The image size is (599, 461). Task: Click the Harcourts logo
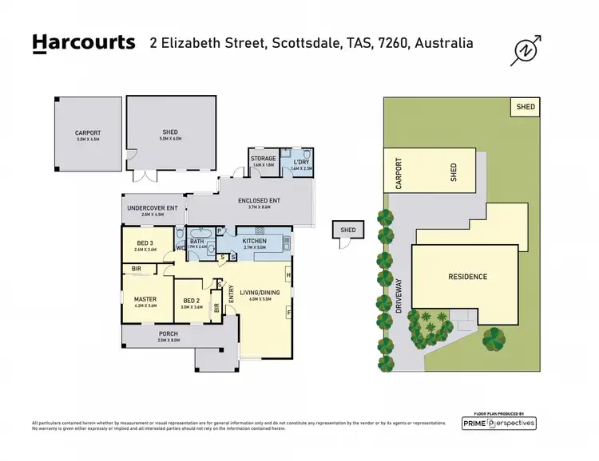(x=83, y=43)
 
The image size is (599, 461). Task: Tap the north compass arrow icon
(x=526, y=50)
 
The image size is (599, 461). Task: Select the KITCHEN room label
(x=254, y=241)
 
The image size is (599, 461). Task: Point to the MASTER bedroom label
(x=145, y=300)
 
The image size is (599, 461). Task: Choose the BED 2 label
(x=192, y=300)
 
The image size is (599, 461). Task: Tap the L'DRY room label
(x=300, y=161)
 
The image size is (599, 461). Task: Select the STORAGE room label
(x=264, y=159)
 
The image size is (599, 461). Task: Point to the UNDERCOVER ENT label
(x=152, y=208)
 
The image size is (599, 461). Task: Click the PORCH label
(x=168, y=333)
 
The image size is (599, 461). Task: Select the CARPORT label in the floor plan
(x=88, y=133)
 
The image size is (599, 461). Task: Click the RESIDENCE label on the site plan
(x=467, y=277)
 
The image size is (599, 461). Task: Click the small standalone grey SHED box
(x=347, y=230)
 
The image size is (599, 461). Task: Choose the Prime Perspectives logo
(x=499, y=423)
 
